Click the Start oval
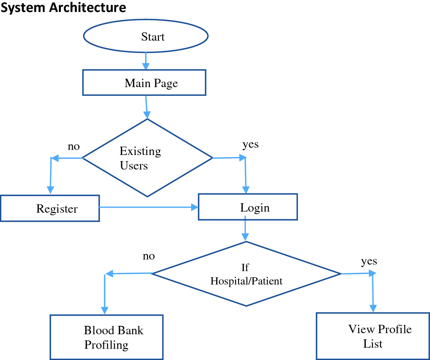146,37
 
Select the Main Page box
144,83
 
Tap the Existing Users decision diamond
147,158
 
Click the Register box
50,208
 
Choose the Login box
247,207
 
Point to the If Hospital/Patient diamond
246,274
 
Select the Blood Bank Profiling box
106,337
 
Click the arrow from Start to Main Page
146,61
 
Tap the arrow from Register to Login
149,207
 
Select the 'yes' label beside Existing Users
250,144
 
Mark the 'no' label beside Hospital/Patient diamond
149,256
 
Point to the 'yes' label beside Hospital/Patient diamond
369,261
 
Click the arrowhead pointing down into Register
50,190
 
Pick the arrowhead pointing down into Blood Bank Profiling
105,310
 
